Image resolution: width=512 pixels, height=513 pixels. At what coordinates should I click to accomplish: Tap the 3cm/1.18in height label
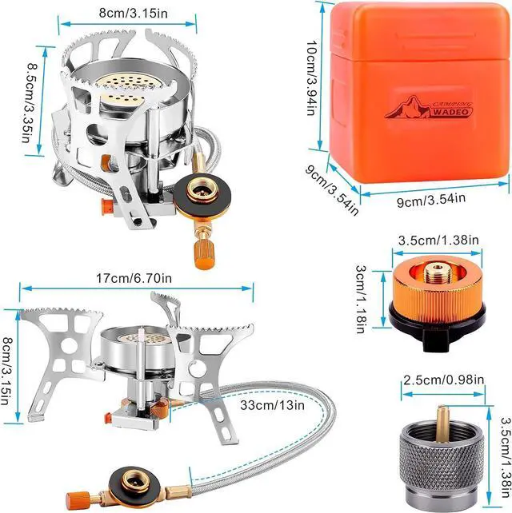click(x=363, y=297)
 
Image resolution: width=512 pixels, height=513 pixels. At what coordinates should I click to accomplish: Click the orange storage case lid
click(x=416, y=32)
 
